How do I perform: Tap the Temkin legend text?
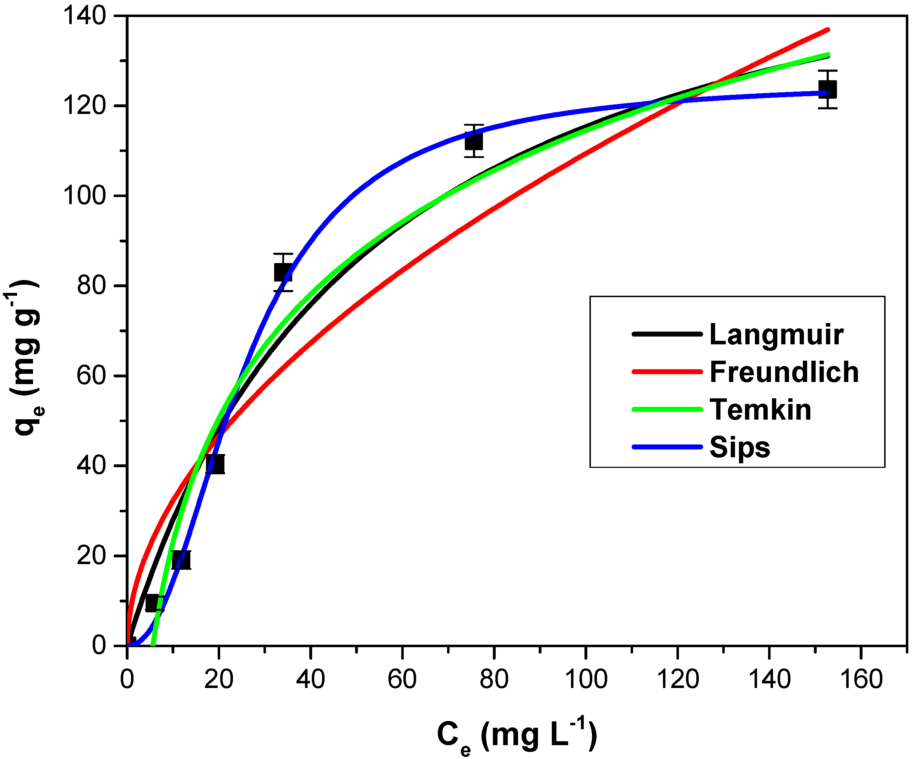coord(760,410)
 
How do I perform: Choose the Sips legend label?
coord(739,447)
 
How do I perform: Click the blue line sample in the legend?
coord(667,447)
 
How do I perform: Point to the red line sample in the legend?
coord(667,372)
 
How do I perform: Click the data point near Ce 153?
coord(827,89)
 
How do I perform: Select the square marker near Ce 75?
coord(474,141)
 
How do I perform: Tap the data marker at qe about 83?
coord(283,272)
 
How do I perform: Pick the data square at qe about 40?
coord(215,464)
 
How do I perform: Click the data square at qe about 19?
coord(181,560)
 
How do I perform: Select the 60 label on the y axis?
coord(91,376)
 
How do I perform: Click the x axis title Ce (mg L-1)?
coord(517,736)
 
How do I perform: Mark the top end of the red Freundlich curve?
coord(827,29)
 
